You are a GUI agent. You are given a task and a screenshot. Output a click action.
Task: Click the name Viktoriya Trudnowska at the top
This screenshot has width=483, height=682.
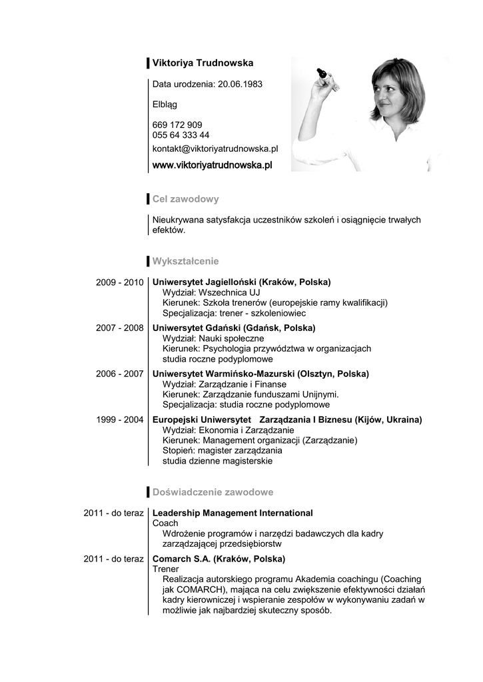tap(203, 63)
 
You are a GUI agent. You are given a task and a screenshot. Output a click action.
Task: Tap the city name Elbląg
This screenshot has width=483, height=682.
tap(165, 105)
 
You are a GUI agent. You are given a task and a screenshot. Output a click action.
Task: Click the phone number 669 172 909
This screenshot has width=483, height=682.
tap(177, 125)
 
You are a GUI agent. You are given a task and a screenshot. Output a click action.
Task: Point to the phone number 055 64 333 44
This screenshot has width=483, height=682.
tap(181, 135)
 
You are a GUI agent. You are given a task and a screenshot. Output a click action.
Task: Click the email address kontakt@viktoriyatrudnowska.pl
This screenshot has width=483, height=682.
tap(215, 149)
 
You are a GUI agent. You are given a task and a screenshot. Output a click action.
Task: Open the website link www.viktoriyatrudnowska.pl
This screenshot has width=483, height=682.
tap(213, 165)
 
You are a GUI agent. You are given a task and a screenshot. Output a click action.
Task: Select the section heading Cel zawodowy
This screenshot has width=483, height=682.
tap(185, 199)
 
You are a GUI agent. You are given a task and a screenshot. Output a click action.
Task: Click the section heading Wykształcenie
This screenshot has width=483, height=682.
tap(185, 261)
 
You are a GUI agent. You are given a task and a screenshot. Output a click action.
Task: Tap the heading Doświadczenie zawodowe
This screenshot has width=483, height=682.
tap(213, 492)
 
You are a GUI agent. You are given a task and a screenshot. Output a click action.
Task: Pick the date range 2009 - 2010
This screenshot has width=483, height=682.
tap(120, 282)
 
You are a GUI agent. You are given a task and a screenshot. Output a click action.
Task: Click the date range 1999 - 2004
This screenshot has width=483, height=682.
tap(120, 420)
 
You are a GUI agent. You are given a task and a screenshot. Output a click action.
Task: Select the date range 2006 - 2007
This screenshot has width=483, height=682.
tap(120, 374)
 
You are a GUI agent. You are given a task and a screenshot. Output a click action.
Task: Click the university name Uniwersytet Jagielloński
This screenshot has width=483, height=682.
tap(204, 282)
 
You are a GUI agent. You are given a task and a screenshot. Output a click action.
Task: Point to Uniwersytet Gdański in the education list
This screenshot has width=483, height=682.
tap(195, 328)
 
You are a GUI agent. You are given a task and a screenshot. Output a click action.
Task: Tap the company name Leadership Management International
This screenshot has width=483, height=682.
tap(233, 513)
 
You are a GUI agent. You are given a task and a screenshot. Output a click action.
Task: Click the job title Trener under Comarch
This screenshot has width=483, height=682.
tap(166, 569)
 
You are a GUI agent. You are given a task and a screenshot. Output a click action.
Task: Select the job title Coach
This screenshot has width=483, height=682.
tap(165, 523)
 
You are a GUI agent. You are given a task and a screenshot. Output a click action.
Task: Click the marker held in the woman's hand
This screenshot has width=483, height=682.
tap(322, 71)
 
